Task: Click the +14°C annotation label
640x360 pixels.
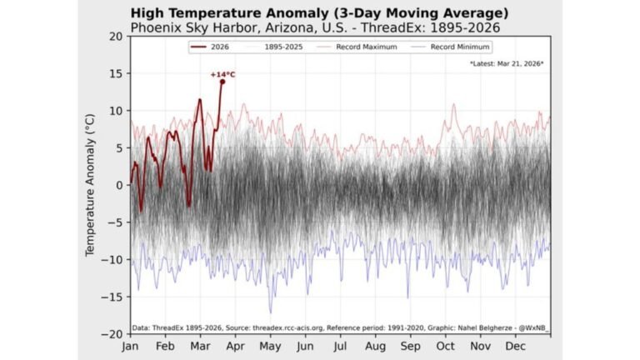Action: point(222,74)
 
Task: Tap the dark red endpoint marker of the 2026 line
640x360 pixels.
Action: point(222,82)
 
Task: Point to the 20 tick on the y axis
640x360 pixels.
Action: point(115,37)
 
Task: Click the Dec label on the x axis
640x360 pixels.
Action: point(515,345)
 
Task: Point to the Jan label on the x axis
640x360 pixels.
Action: point(131,345)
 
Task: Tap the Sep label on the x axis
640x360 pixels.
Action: point(410,345)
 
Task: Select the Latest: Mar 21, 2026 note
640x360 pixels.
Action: point(507,63)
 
